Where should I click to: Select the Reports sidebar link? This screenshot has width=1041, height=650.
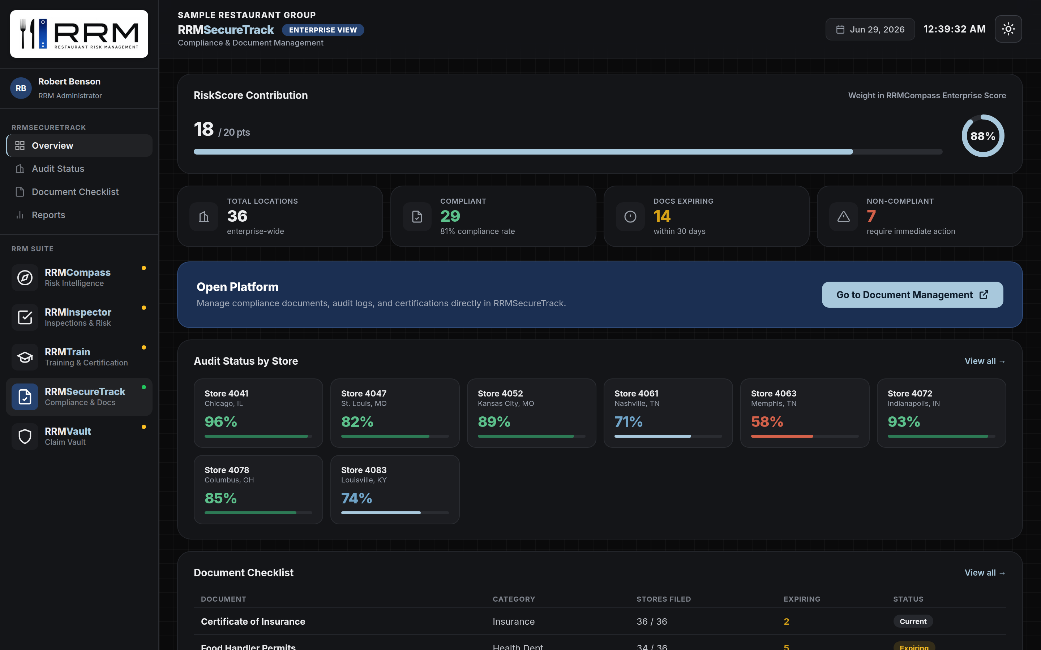48,215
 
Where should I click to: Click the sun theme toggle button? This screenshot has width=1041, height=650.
1008,29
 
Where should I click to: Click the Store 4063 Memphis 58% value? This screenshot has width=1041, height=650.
767,422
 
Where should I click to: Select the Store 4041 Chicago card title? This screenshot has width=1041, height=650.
226,393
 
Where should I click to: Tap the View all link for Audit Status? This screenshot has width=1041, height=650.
985,361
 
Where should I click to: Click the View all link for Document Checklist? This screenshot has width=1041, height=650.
985,573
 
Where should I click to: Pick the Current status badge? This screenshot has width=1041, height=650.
913,621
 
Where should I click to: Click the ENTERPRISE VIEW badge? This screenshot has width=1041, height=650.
323,30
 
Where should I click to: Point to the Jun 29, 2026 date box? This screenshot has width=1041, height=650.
870,29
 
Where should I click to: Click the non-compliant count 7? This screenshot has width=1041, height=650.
871,216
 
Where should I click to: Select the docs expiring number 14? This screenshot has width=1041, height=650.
661,216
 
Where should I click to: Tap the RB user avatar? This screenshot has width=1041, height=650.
21,88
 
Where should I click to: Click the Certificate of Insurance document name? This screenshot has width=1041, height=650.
253,621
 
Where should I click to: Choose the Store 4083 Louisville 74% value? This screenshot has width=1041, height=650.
357,498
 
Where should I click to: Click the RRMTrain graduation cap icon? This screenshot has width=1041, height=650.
25,357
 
